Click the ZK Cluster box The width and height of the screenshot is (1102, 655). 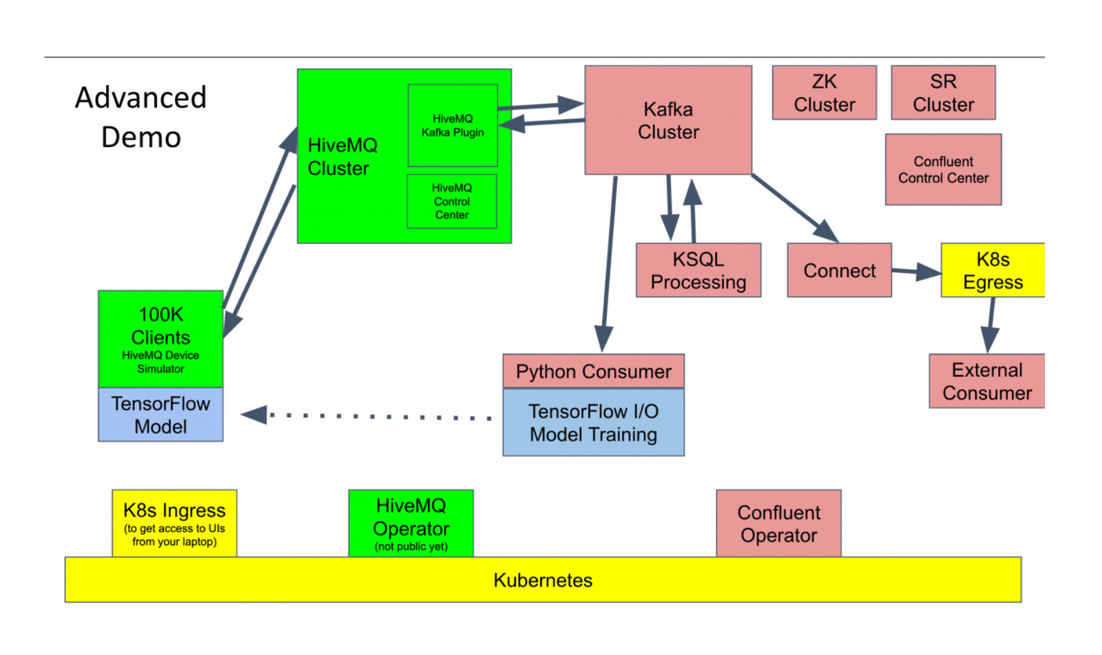coord(824,93)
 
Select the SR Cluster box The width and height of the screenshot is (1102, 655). coord(943,93)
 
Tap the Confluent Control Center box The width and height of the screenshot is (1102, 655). coord(943,170)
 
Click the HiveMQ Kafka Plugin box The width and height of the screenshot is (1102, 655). coord(452,126)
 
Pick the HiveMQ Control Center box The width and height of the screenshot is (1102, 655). coord(452,202)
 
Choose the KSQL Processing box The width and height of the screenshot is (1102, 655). coord(698,271)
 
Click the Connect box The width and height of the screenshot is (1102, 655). coord(839,271)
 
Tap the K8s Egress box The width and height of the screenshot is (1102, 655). coord(993,271)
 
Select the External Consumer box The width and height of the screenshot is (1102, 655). coord(987,381)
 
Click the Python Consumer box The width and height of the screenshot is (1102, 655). coord(593,371)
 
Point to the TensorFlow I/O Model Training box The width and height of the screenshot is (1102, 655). coord(593,423)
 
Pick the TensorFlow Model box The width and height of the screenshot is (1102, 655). coord(160,415)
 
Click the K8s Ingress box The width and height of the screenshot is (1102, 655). coord(174,524)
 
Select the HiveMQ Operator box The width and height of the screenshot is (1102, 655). coord(411,524)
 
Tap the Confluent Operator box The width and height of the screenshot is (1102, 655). coord(779,524)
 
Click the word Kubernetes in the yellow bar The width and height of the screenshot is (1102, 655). coord(543,580)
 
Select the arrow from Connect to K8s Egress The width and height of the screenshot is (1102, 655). coord(916,271)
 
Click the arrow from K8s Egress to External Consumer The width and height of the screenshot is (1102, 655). coord(990,325)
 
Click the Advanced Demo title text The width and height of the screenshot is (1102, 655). coord(141,117)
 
